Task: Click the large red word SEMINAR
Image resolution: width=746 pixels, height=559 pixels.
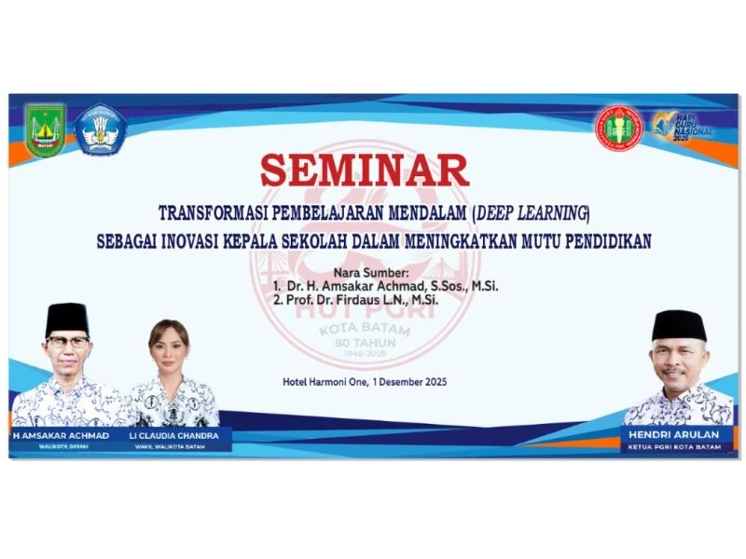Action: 364,170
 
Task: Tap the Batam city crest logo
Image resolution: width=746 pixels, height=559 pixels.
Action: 44,130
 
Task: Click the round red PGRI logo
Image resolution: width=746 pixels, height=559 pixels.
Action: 619,130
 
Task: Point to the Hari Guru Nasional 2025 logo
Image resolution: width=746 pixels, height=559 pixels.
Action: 683,128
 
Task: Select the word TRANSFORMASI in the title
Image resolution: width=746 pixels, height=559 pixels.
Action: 211,211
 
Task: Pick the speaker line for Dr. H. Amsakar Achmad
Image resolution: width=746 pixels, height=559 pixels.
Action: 386,286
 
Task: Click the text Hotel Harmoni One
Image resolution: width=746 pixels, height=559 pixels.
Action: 325,381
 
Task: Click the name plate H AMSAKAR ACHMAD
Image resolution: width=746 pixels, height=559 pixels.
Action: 62,435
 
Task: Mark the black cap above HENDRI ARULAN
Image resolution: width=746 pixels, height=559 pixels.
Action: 678,324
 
